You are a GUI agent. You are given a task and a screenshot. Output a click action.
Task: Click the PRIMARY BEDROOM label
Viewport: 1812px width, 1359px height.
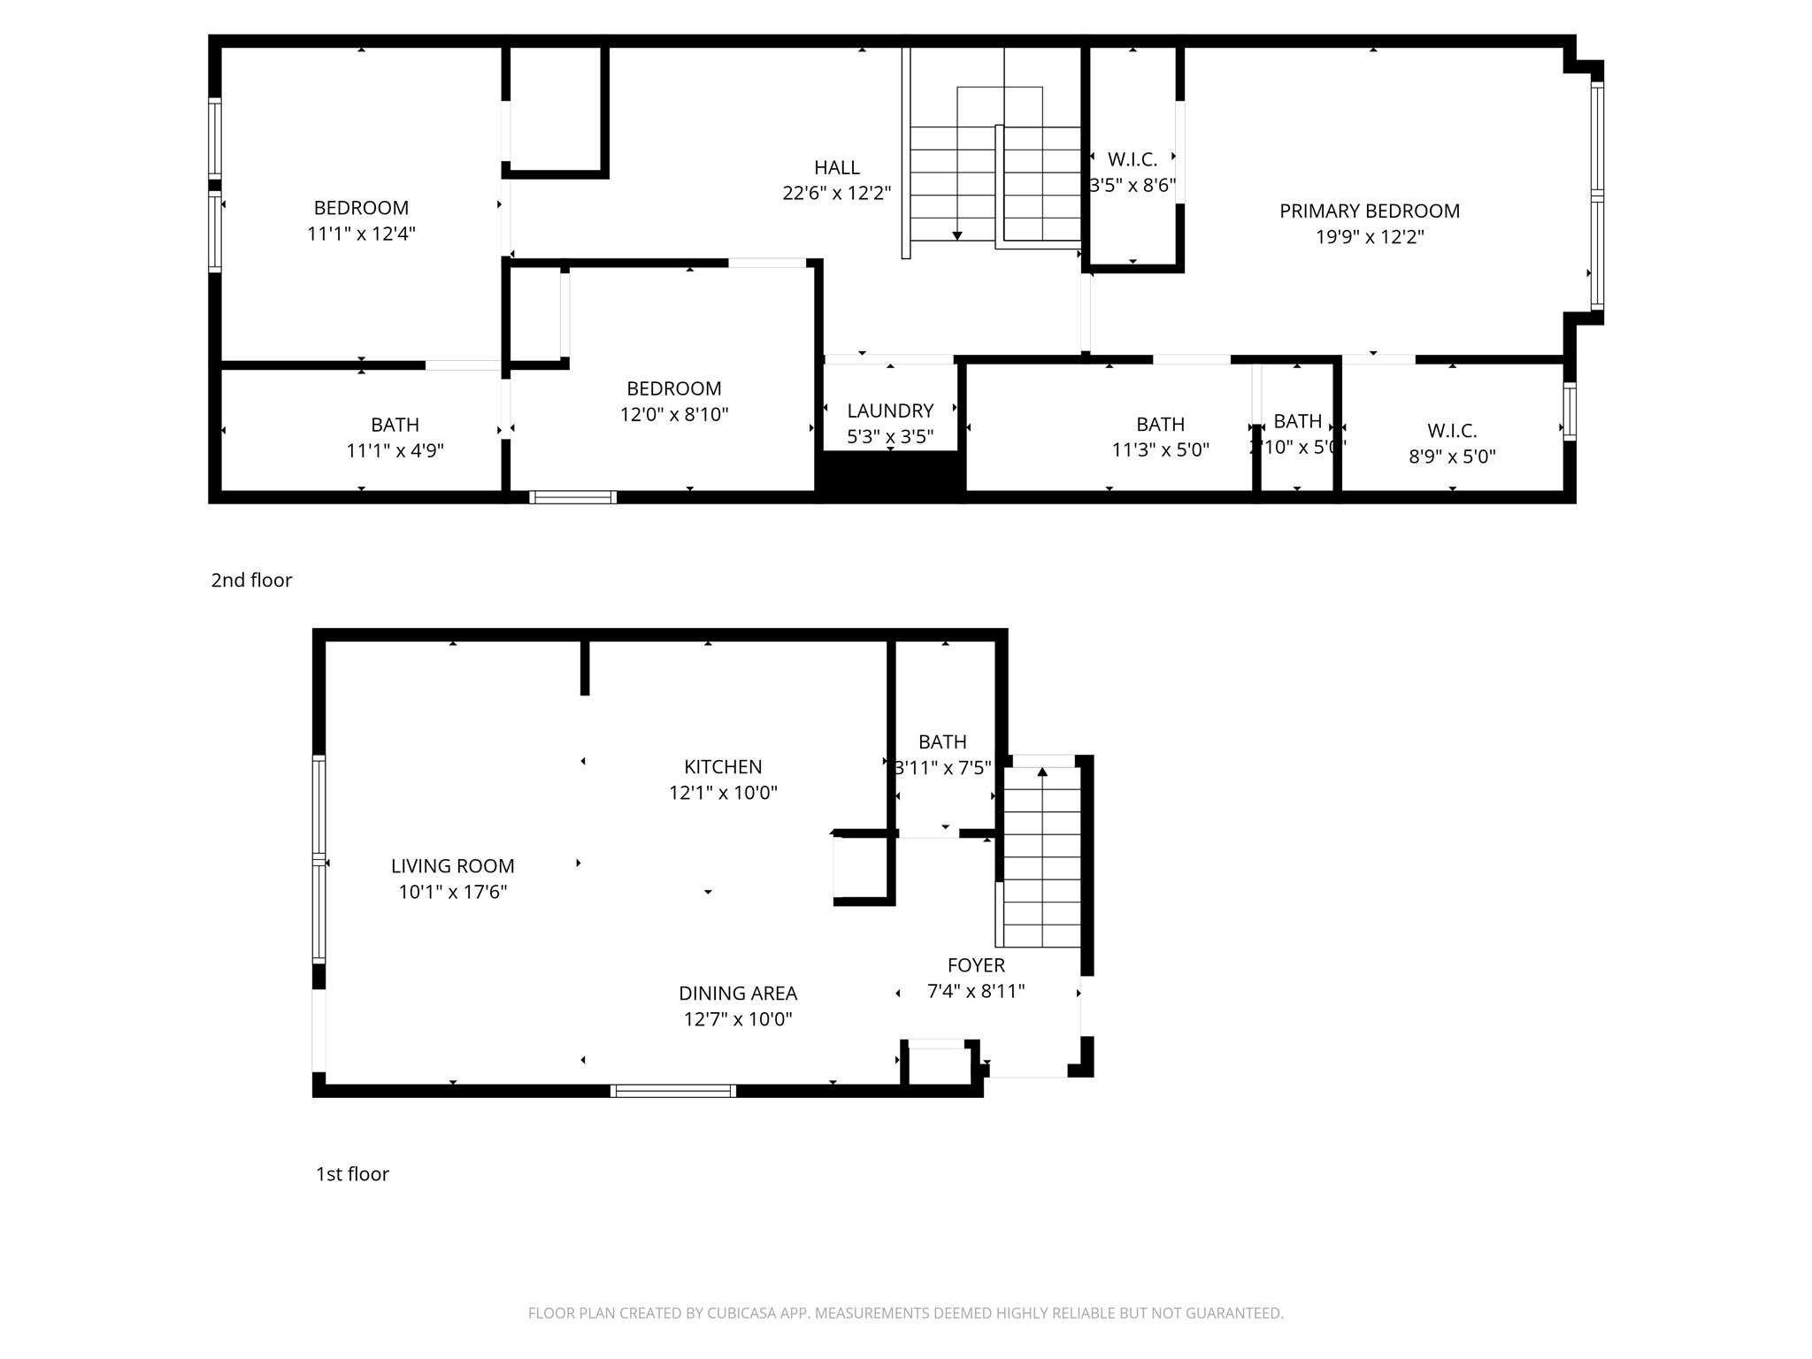(x=1369, y=211)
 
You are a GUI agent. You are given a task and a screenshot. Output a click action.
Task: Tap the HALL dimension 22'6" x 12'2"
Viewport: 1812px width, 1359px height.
(x=836, y=193)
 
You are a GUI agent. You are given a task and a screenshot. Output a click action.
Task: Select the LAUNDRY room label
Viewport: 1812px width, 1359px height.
(x=890, y=411)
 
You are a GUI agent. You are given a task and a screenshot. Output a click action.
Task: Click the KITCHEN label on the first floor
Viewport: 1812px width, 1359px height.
(x=723, y=767)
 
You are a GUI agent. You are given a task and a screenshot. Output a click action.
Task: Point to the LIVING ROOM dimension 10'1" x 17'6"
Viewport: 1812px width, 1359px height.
(x=452, y=892)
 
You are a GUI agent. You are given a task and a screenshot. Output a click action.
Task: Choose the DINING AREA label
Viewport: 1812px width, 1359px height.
(x=738, y=994)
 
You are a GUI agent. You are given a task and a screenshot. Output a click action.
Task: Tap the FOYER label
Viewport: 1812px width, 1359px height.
(x=976, y=965)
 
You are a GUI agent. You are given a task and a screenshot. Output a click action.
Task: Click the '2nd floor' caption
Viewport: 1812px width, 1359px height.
(x=251, y=580)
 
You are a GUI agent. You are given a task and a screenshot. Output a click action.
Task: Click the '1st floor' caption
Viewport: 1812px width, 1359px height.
(x=352, y=1174)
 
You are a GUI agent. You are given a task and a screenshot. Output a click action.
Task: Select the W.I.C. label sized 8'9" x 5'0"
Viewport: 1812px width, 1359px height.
(x=1452, y=431)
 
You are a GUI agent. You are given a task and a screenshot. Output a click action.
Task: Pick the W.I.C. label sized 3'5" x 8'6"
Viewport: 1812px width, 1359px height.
(x=1132, y=160)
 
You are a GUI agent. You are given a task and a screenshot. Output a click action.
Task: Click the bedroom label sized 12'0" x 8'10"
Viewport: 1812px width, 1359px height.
(x=673, y=388)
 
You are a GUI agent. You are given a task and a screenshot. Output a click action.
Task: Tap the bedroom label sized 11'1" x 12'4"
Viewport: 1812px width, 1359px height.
(x=361, y=208)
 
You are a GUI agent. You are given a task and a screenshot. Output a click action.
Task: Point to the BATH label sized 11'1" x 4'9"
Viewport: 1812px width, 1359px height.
(x=395, y=425)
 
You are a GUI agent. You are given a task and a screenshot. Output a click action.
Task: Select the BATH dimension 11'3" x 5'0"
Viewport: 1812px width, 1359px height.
(x=1160, y=450)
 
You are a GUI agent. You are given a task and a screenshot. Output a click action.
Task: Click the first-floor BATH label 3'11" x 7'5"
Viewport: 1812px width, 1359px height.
(x=942, y=742)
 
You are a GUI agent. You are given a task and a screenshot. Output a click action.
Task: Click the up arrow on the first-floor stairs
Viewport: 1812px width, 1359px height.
(x=1042, y=772)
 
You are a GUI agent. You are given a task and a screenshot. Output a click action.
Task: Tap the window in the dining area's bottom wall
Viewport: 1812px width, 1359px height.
(x=673, y=1091)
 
